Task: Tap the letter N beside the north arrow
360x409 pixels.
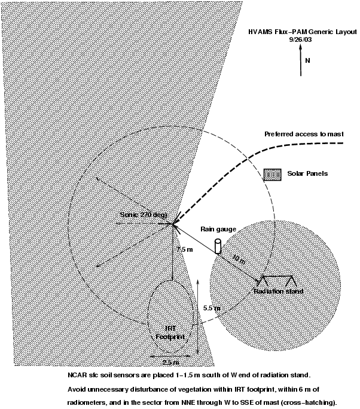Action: coord(307,60)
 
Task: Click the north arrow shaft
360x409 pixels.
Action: coord(300,63)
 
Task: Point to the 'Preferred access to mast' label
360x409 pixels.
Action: coord(304,134)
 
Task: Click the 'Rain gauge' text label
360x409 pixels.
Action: coord(219,229)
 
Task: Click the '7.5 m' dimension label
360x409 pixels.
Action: coord(185,248)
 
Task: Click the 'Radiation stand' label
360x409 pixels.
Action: coord(279,291)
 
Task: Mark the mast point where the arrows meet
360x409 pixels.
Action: coord(174,225)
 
